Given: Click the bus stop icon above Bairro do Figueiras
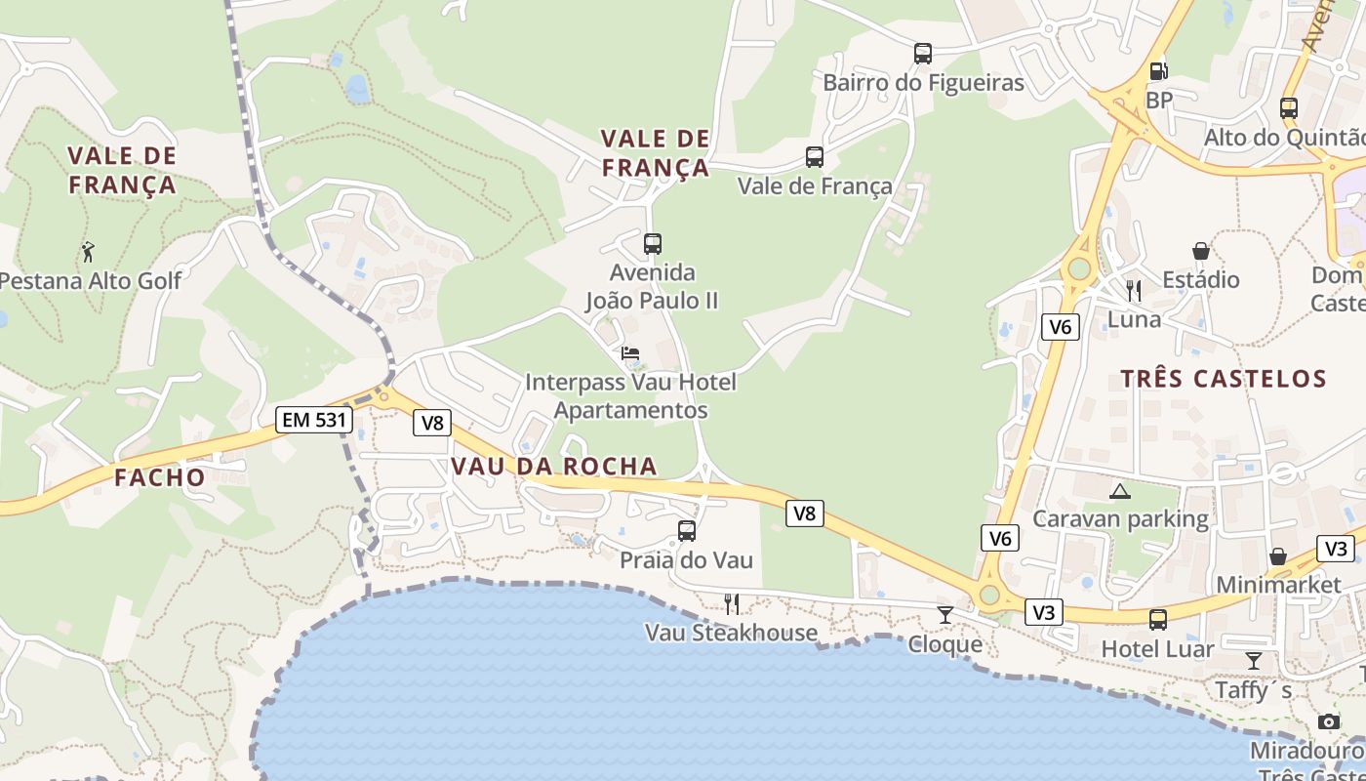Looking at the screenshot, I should point(923,53).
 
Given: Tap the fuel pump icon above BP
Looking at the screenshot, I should point(1159,70).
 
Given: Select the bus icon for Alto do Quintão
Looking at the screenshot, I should point(1289,107).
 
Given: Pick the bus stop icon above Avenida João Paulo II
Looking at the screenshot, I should point(653,243).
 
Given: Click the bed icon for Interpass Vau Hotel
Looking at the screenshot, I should point(630,353).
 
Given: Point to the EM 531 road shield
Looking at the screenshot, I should point(313,420).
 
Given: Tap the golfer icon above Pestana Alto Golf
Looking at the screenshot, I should point(88,251).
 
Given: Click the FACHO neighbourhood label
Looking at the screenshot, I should point(160,477).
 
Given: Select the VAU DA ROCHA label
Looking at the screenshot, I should point(553,467).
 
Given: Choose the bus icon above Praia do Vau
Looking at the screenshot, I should point(687,530).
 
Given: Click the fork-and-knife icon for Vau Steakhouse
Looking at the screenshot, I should point(732,603).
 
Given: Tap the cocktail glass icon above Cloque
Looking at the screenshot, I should point(944,615).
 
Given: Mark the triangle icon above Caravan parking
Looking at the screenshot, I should point(1119,490).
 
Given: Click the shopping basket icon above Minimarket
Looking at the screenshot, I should point(1278,556).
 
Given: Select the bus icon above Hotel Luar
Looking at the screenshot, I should point(1158,619).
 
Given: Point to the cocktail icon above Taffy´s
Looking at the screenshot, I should point(1254,661).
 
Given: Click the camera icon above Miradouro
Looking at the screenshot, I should point(1329,721).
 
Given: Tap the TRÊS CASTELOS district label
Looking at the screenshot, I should point(1224,379).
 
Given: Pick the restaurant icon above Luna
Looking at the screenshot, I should point(1134,290).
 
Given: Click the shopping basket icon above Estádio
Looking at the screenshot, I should point(1201,251).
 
